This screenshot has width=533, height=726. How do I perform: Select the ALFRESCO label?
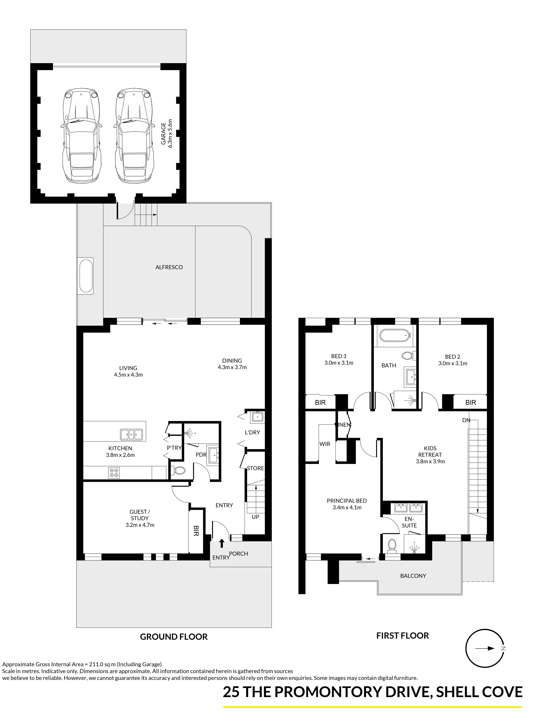tap(169, 267)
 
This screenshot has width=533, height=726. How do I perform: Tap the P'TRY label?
tap(174, 448)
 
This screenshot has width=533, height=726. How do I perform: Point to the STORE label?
tap(256, 468)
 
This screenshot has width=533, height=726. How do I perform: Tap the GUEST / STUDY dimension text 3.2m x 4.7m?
tap(140, 525)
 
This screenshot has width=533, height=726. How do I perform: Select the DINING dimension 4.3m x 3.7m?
tap(232, 367)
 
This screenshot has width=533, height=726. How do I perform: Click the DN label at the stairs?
tap(466, 420)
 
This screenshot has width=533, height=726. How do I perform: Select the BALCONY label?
tap(413, 576)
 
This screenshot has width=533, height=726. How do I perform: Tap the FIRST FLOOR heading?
tap(403, 636)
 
